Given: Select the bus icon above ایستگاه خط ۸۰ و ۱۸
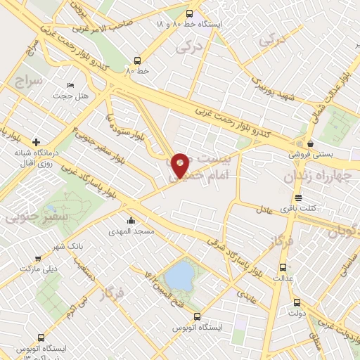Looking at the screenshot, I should pos(188,13).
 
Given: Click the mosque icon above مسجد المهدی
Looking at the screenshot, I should pos(131,219).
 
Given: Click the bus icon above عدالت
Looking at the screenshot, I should pos(283,267).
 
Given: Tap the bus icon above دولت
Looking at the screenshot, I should pos(297,303).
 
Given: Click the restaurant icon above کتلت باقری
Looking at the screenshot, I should pos(298,198).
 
